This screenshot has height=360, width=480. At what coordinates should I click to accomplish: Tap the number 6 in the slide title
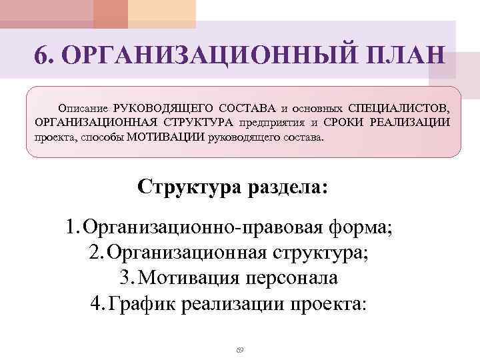click(x=41, y=56)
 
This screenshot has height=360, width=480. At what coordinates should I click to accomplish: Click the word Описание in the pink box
click(x=83, y=107)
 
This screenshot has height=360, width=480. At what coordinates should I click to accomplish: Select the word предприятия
click(x=271, y=123)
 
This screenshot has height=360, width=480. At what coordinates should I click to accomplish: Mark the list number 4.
click(x=96, y=303)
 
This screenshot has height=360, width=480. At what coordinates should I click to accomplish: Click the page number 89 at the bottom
click(x=240, y=349)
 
